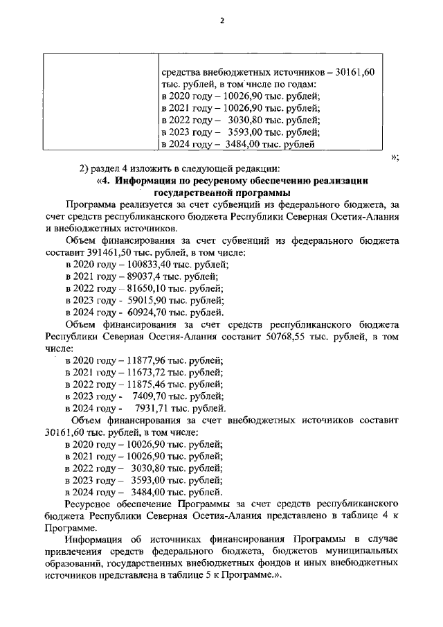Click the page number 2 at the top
coord(222,20)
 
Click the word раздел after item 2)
coord(108,168)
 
